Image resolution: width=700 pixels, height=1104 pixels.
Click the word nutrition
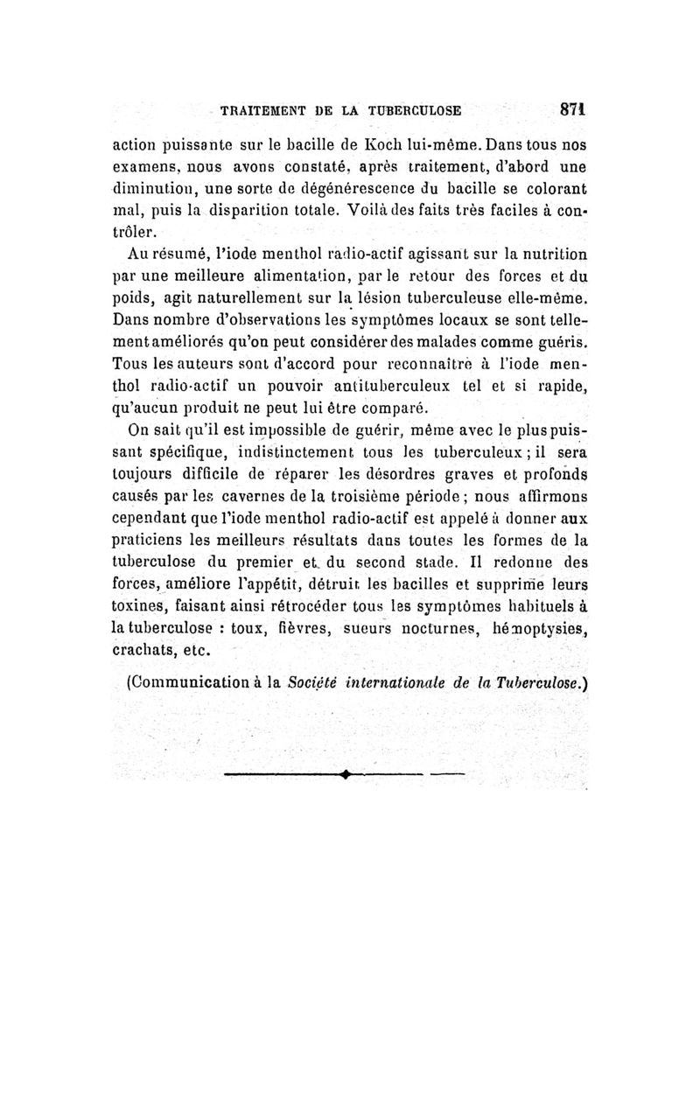click(x=545, y=255)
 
